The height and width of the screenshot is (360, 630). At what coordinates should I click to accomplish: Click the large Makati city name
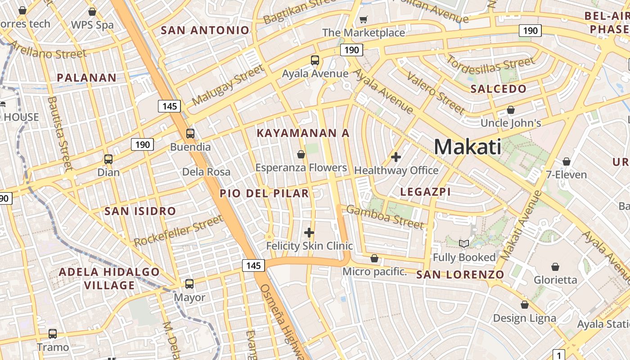(468, 147)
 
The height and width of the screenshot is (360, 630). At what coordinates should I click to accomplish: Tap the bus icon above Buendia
(190, 134)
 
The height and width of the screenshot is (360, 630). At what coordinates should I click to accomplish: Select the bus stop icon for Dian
(108, 159)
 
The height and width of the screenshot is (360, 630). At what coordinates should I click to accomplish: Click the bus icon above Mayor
(189, 284)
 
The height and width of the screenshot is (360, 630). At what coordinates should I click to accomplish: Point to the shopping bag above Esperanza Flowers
(301, 155)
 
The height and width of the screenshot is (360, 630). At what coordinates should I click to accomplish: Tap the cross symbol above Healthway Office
(396, 157)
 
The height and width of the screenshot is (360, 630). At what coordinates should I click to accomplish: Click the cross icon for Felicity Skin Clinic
(309, 233)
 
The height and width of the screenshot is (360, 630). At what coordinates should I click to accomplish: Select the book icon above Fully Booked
(464, 244)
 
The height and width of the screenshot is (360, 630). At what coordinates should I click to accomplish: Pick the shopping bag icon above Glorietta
(555, 267)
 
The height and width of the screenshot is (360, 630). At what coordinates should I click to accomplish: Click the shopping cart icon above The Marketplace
(363, 20)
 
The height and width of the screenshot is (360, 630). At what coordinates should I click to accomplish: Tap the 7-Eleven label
(566, 175)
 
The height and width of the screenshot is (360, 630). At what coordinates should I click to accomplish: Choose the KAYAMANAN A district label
(303, 133)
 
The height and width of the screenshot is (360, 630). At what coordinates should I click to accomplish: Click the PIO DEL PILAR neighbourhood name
(264, 193)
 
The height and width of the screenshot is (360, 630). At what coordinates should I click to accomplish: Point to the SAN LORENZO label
(460, 274)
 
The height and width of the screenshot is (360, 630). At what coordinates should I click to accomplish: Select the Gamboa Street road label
(385, 217)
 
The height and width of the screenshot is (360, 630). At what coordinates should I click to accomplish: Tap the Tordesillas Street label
(490, 67)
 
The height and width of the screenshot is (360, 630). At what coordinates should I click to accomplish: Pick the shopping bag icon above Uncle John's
(511, 110)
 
